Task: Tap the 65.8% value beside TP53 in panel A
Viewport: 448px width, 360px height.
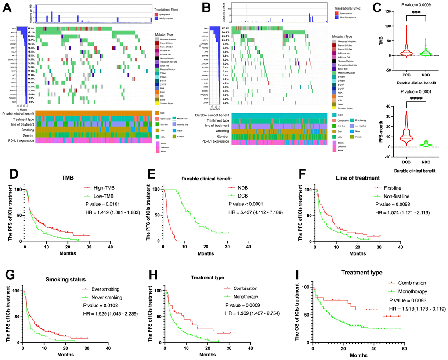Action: (x=31, y=28)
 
